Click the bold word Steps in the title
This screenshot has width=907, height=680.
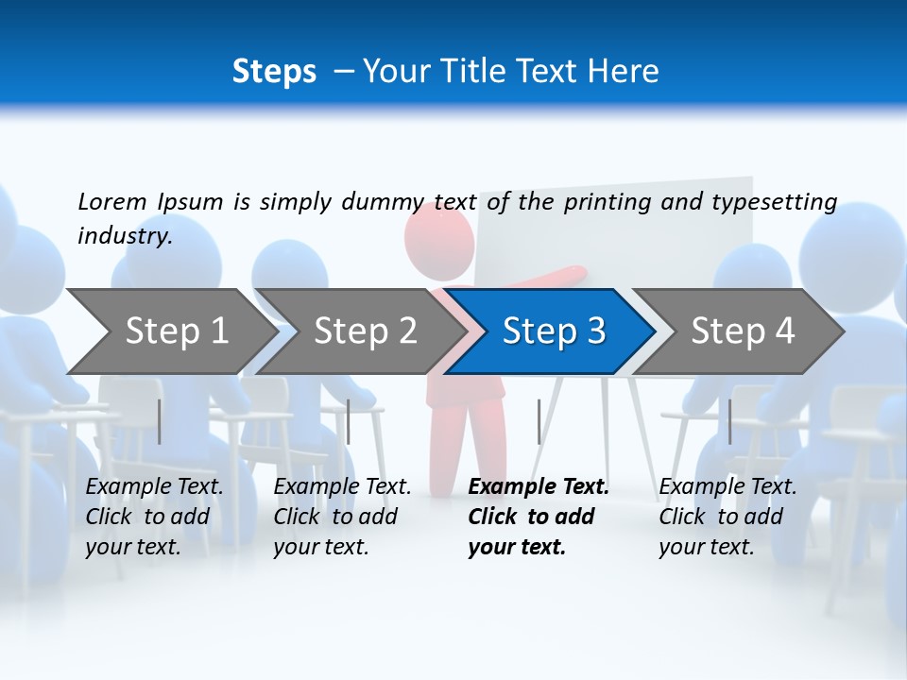(274, 71)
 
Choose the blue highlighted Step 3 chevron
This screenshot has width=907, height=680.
(554, 331)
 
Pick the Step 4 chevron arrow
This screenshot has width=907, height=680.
(743, 331)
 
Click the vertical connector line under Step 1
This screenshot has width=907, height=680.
(160, 421)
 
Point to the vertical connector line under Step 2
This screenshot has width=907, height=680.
(349, 421)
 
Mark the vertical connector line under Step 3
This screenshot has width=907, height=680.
(539, 421)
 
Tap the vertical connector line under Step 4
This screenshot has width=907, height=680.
(729, 421)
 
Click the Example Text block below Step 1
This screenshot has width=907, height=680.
(154, 517)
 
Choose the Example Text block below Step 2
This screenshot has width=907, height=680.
(342, 517)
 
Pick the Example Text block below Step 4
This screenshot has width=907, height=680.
(727, 517)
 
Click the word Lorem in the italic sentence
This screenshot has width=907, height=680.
(112, 201)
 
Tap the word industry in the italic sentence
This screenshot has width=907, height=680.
(124, 235)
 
